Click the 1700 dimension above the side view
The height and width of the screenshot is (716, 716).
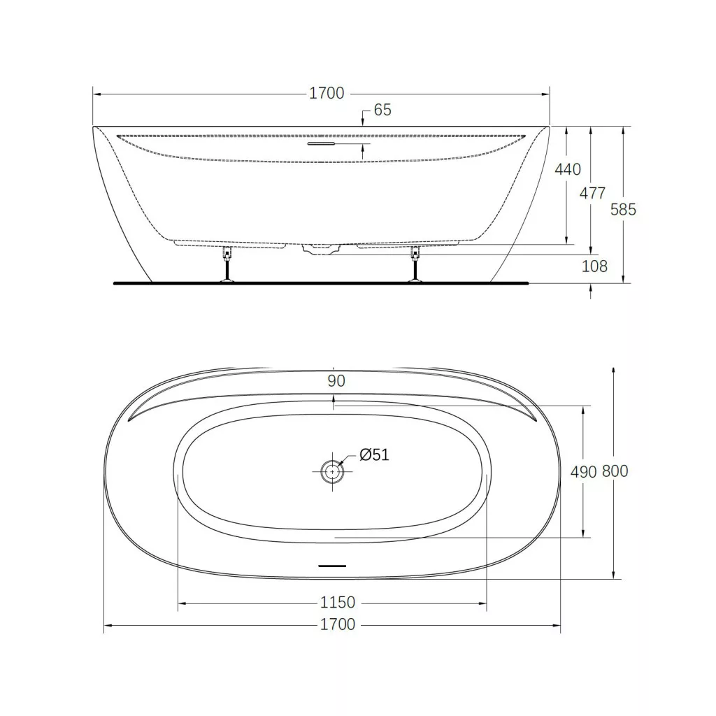[x=327, y=93]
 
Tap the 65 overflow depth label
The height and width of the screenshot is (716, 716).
[x=382, y=110]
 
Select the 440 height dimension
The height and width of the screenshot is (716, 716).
[x=568, y=169]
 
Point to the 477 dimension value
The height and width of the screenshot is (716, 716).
[x=592, y=193]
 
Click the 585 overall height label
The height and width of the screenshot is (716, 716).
[x=623, y=210]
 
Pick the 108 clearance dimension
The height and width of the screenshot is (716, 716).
[x=594, y=266]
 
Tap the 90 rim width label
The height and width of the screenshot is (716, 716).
[x=336, y=381]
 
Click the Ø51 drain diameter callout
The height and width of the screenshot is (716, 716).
[x=374, y=454]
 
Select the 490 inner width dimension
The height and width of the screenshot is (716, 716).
[x=583, y=472]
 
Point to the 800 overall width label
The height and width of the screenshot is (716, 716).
[x=615, y=471]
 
